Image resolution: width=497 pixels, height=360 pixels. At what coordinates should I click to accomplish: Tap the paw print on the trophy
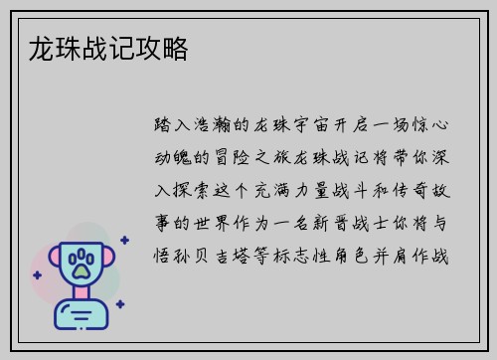click(x=83, y=265)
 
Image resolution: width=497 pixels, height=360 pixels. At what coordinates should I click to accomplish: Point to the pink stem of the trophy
click(x=83, y=294)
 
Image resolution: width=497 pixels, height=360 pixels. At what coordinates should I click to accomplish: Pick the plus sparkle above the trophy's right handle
click(x=123, y=240)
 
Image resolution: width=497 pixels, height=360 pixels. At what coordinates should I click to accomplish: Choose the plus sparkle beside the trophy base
click(x=119, y=304)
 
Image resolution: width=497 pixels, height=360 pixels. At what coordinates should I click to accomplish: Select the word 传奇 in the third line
click(x=413, y=186)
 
